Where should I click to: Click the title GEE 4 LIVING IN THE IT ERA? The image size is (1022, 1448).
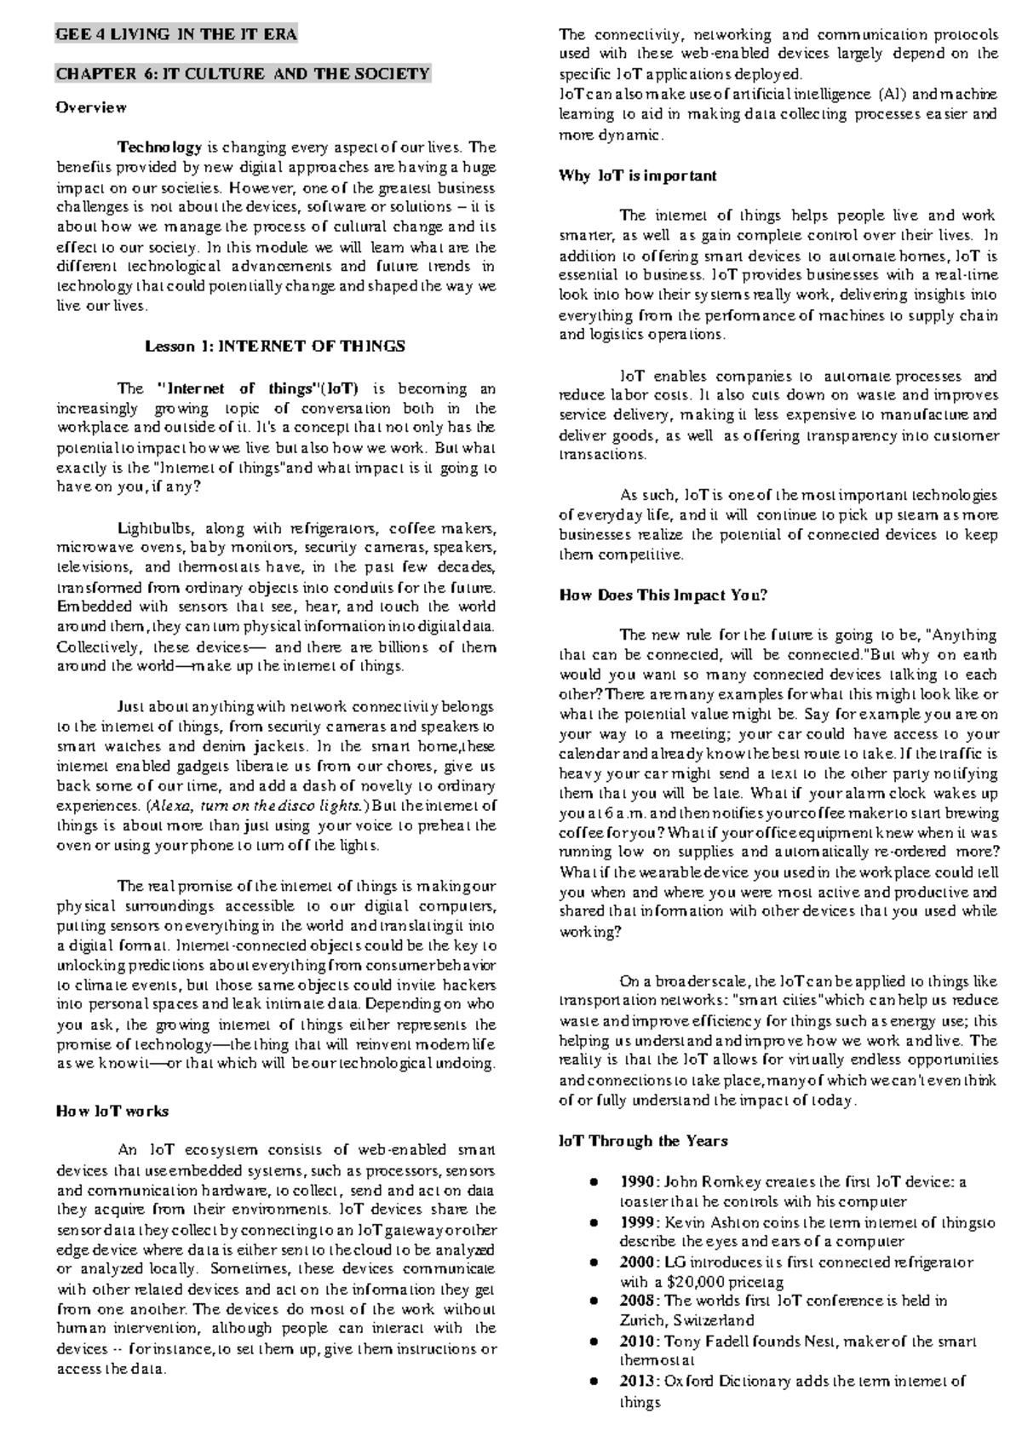pyautogui.click(x=175, y=35)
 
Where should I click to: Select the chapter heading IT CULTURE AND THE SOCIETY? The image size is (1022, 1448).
pyautogui.click(x=243, y=74)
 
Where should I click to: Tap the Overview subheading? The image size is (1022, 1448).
pyautogui.click(x=91, y=108)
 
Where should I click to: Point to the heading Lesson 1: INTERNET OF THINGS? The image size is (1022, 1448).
pyautogui.click(x=275, y=346)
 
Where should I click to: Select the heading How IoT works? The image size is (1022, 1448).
pyautogui.click(x=112, y=1111)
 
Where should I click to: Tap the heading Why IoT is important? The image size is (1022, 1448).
pyautogui.click(x=637, y=175)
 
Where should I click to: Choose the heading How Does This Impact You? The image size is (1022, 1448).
pyautogui.click(x=663, y=595)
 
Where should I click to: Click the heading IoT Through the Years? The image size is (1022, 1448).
pyautogui.click(x=643, y=1141)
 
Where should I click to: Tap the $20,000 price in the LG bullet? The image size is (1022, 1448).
pyautogui.click(x=687, y=1281)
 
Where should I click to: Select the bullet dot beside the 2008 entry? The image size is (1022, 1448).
pyautogui.click(x=594, y=1301)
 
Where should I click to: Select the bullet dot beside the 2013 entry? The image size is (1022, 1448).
pyautogui.click(x=594, y=1381)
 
